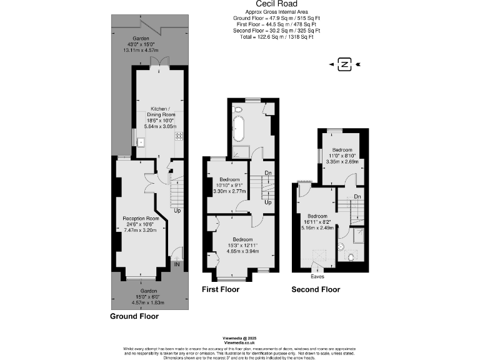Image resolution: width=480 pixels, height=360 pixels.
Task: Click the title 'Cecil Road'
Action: [x=272, y=4]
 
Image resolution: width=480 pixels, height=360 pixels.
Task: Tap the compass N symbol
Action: [x=343, y=64]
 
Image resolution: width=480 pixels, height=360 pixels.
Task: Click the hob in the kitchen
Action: [x=179, y=136]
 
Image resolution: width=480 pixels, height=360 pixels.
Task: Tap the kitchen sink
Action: [x=141, y=142]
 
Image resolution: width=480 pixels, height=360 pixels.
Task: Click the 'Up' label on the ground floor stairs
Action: [x=178, y=211]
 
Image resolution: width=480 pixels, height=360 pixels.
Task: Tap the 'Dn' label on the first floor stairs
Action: [x=267, y=174]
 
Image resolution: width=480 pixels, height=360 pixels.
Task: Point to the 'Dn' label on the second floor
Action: [x=357, y=197]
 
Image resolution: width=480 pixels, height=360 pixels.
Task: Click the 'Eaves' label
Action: [x=317, y=275]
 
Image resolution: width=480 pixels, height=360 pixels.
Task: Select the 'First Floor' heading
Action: [x=220, y=289]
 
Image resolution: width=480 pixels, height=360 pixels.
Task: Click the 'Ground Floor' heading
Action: [x=134, y=316]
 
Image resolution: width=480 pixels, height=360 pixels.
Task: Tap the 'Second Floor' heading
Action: [x=316, y=289]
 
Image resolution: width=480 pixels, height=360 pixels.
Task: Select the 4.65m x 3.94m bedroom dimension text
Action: [x=242, y=251]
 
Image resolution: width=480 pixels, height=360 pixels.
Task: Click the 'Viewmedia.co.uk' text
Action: [x=239, y=342]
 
